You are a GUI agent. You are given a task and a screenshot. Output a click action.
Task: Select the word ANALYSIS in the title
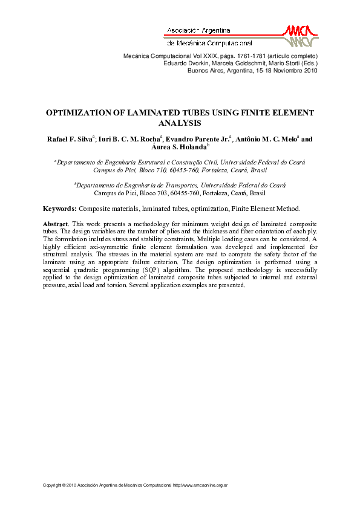[179, 123]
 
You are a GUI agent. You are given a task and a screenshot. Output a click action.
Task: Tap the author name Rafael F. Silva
[69, 139]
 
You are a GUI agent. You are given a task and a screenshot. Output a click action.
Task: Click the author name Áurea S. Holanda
[178, 147]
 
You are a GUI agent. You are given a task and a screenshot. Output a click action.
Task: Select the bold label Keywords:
[59, 209]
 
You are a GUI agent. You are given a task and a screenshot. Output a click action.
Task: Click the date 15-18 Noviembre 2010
[280, 70]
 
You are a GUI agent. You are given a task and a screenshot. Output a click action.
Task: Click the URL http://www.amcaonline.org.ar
[200, 485]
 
